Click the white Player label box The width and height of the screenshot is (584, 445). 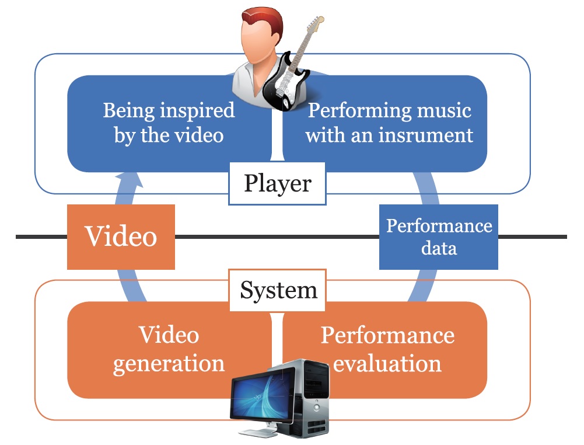click(277, 185)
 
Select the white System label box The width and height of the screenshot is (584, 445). click(278, 290)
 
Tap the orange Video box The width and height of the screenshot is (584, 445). click(121, 237)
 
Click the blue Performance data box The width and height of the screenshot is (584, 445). click(439, 237)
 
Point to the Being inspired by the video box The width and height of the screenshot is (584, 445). click(169, 123)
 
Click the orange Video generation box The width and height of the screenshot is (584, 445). click(169, 349)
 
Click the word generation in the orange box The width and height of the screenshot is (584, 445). click(169, 363)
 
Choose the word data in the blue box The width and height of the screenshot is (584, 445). click(439, 248)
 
